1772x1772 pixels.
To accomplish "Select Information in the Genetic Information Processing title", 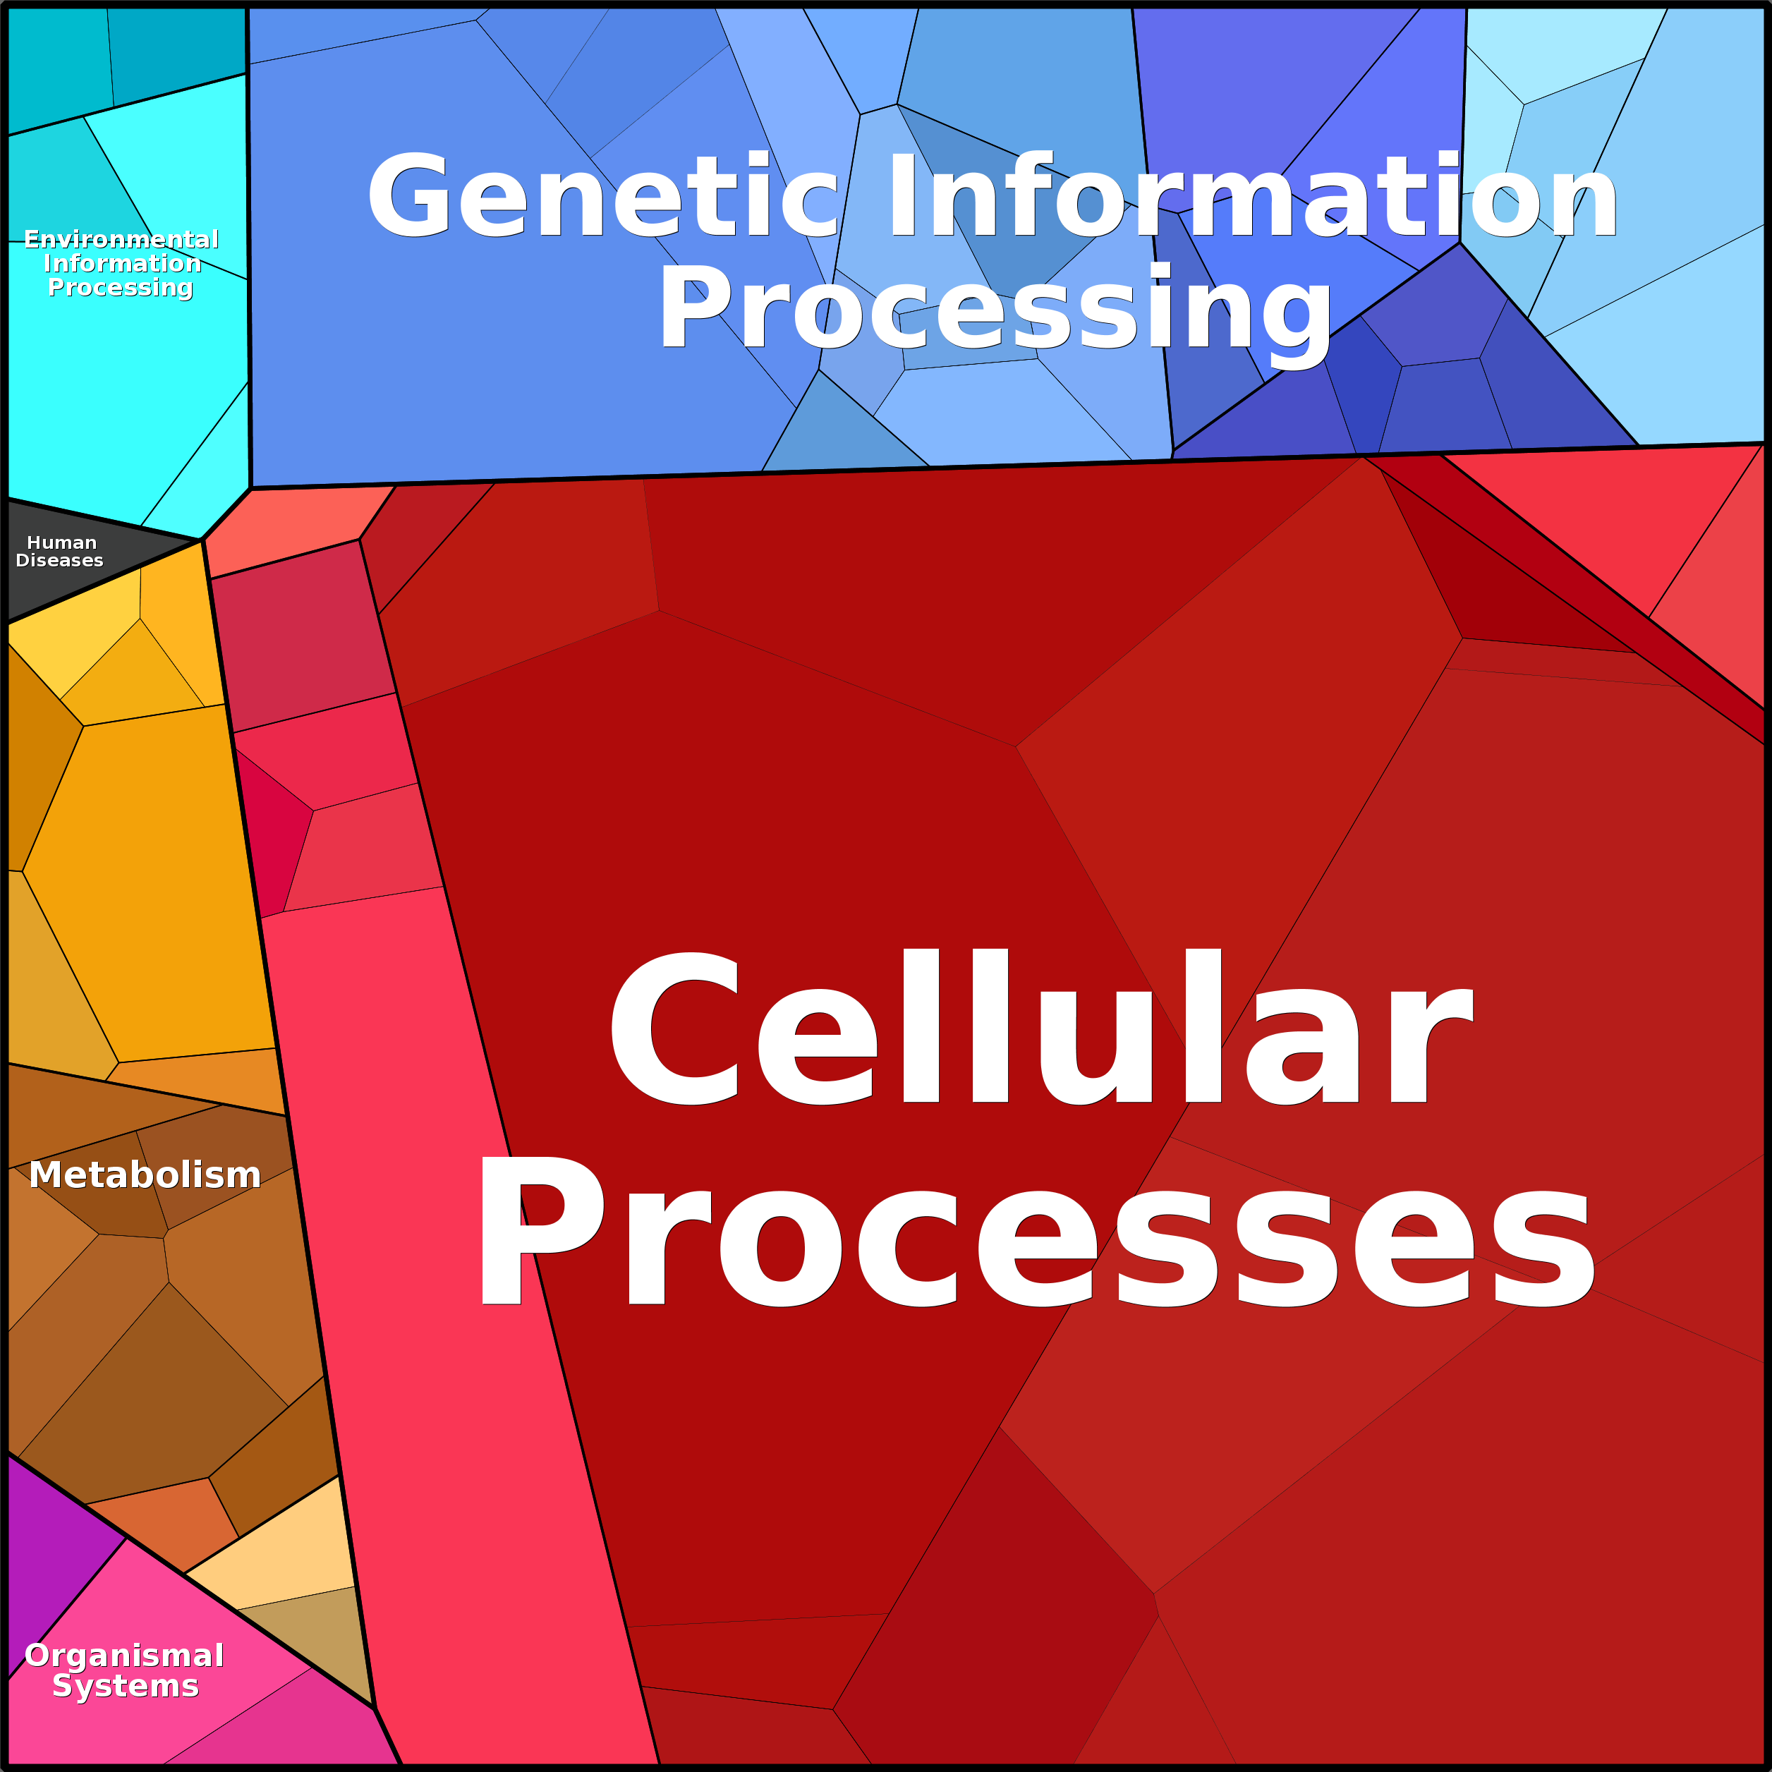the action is click(x=1253, y=195).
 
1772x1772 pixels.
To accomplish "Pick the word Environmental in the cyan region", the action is click(x=121, y=239).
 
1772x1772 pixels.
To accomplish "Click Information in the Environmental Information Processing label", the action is click(x=122, y=263).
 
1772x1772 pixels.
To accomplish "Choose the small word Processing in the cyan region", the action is click(x=120, y=288).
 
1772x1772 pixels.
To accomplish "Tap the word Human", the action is click(x=61, y=543).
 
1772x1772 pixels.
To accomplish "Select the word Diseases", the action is click(x=60, y=560).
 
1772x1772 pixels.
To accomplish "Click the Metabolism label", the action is click(x=145, y=1175).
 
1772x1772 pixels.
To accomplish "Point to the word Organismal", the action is click(x=124, y=1656).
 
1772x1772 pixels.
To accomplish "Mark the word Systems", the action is click(x=126, y=1686).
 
